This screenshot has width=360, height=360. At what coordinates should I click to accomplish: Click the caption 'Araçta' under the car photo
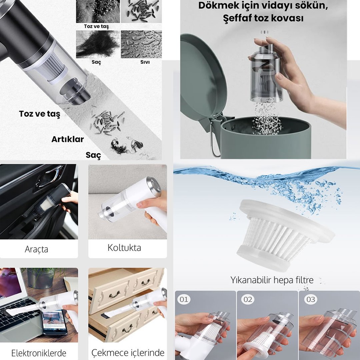[x=36, y=249]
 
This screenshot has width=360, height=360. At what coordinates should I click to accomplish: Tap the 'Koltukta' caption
[x=124, y=248]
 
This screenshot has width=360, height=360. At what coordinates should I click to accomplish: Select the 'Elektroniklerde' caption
[x=39, y=353]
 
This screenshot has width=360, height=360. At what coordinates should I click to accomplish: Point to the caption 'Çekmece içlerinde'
[x=128, y=353]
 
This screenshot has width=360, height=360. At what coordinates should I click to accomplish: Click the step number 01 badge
[x=184, y=299]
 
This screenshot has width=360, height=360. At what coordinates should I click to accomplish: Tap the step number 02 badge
[x=248, y=299]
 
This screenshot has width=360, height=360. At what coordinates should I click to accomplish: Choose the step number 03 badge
[x=311, y=299]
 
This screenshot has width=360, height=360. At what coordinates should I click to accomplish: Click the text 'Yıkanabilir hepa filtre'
[x=272, y=280]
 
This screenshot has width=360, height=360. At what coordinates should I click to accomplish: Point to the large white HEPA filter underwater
[x=284, y=235]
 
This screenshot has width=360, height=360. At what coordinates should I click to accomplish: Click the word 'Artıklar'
[x=67, y=139]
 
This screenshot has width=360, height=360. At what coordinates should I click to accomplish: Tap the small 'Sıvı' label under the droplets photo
[x=145, y=62]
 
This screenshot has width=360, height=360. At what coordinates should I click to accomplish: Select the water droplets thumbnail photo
[x=141, y=44]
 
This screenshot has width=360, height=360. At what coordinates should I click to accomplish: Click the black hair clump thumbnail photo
[x=98, y=44]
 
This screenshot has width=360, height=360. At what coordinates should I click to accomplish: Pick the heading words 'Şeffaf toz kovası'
[x=263, y=18]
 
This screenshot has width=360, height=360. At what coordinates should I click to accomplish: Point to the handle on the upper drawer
[x=115, y=294]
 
